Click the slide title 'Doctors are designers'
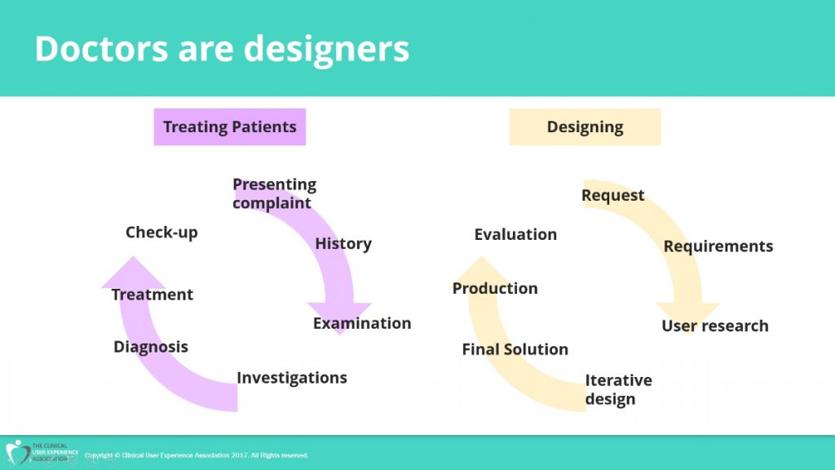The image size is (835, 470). (x=222, y=49)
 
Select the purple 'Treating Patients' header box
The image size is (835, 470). (x=229, y=126)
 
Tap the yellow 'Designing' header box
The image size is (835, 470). (x=585, y=126)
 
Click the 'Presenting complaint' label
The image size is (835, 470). (x=274, y=193)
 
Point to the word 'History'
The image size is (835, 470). (x=343, y=243)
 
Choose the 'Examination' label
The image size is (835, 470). (x=361, y=323)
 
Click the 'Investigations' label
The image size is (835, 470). (x=292, y=378)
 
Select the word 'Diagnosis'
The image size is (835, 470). (x=151, y=347)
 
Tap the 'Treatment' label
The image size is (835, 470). (x=152, y=294)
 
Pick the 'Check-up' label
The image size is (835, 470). (x=161, y=233)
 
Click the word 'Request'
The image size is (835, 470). (x=612, y=196)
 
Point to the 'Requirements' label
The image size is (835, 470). (x=718, y=246)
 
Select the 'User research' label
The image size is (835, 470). (x=714, y=326)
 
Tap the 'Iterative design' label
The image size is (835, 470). (x=618, y=389)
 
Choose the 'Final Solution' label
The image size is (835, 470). (x=515, y=349)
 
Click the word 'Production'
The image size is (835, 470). (x=495, y=288)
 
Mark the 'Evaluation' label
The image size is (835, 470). (x=515, y=234)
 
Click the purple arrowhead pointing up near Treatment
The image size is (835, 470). (x=133, y=273)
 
